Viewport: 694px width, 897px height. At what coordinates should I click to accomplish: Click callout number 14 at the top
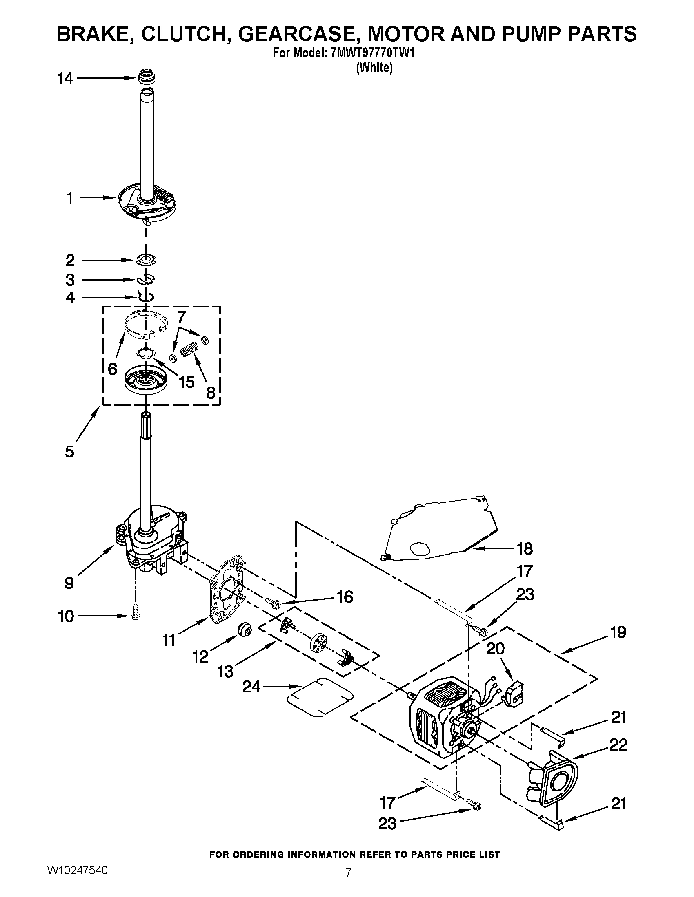pos(65,78)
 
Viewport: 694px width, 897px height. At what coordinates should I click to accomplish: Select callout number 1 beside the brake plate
pos(69,198)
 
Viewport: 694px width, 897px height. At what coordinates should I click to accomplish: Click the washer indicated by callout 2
pos(147,260)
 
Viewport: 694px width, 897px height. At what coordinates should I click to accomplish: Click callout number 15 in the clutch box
pos(186,382)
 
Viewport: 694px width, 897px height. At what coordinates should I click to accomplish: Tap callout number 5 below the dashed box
pos(69,451)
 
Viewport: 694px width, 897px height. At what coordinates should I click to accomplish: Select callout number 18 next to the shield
pos(525,548)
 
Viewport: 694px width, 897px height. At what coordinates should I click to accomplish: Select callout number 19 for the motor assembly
pos(618,632)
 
